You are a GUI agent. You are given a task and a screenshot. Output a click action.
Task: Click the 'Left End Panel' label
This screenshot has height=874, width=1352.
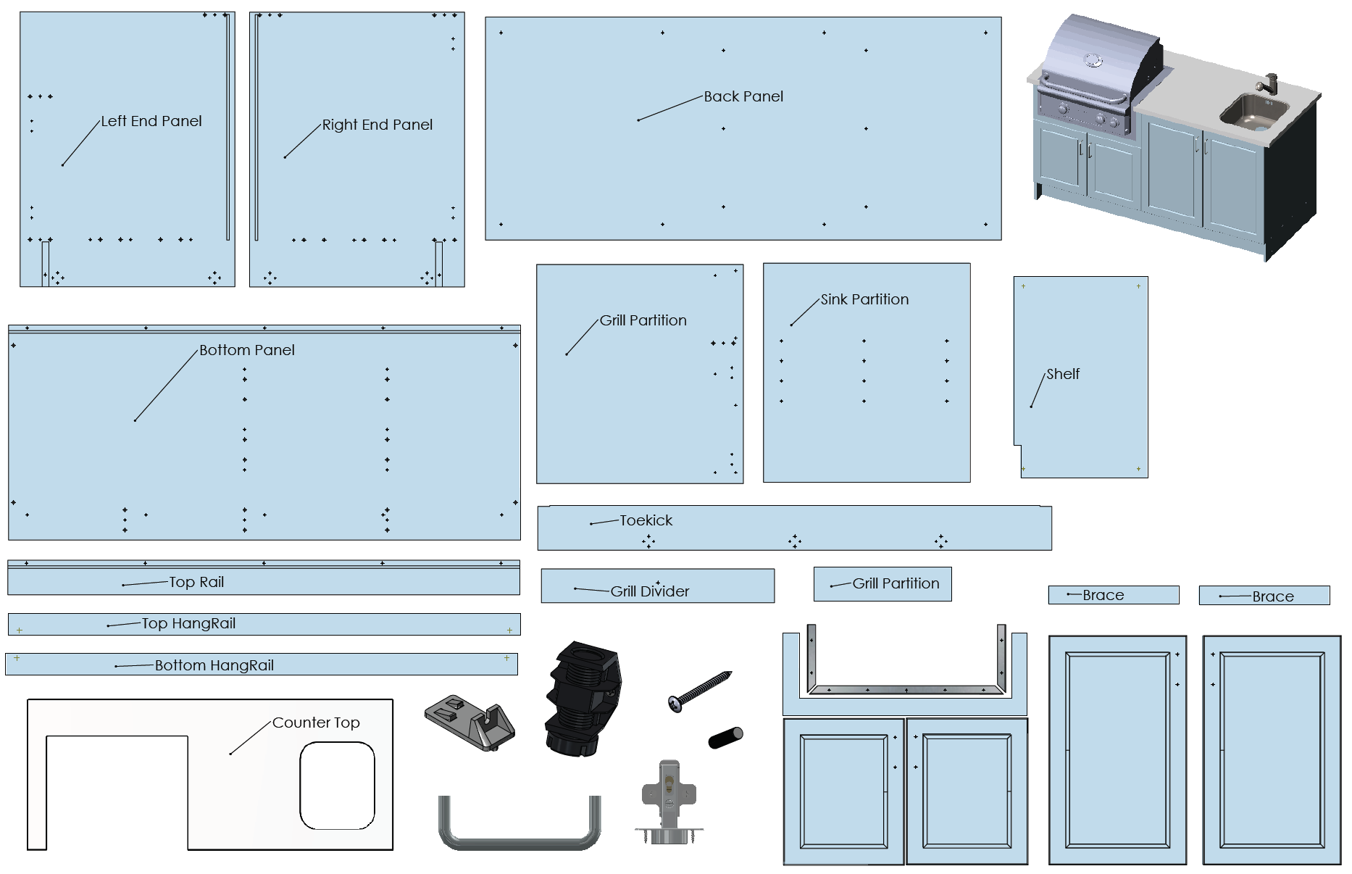(x=151, y=121)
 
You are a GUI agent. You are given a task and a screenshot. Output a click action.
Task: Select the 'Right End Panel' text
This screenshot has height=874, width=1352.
(x=377, y=125)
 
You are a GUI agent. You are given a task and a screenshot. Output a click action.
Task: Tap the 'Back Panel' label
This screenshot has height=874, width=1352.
(x=743, y=96)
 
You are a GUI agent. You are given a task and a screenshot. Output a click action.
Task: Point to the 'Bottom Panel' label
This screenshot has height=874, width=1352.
(x=246, y=350)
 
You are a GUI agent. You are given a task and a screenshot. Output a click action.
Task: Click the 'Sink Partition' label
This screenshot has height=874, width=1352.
(x=864, y=299)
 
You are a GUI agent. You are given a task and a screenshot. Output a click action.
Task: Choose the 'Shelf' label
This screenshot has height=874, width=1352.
(x=1062, y=374)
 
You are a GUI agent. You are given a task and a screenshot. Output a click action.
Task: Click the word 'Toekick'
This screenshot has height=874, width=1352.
(x=646, y=520)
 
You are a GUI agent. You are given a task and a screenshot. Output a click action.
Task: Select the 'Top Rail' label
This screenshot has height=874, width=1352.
(x=196, y=582)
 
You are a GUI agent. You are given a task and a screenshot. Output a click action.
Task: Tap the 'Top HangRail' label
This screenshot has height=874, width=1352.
(x=188, y=623)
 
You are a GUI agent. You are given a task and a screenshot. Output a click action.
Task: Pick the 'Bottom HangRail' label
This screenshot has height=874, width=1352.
(x=214, y=665)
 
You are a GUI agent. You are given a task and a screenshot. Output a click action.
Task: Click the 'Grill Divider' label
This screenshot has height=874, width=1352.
(x=649, y=591)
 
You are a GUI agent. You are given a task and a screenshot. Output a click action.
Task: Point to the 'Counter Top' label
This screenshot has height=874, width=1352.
(x=316, y=723)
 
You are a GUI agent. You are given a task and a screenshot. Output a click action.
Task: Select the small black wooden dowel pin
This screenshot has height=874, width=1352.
(x=725, y=738)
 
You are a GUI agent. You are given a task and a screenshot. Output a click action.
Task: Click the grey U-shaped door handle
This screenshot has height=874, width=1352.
(x=519, y=827)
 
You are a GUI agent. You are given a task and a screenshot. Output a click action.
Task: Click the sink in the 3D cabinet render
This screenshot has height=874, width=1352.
(x=1253, y=113)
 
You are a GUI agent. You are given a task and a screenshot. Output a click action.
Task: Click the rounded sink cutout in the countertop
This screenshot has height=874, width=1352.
(x=337, y=785)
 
